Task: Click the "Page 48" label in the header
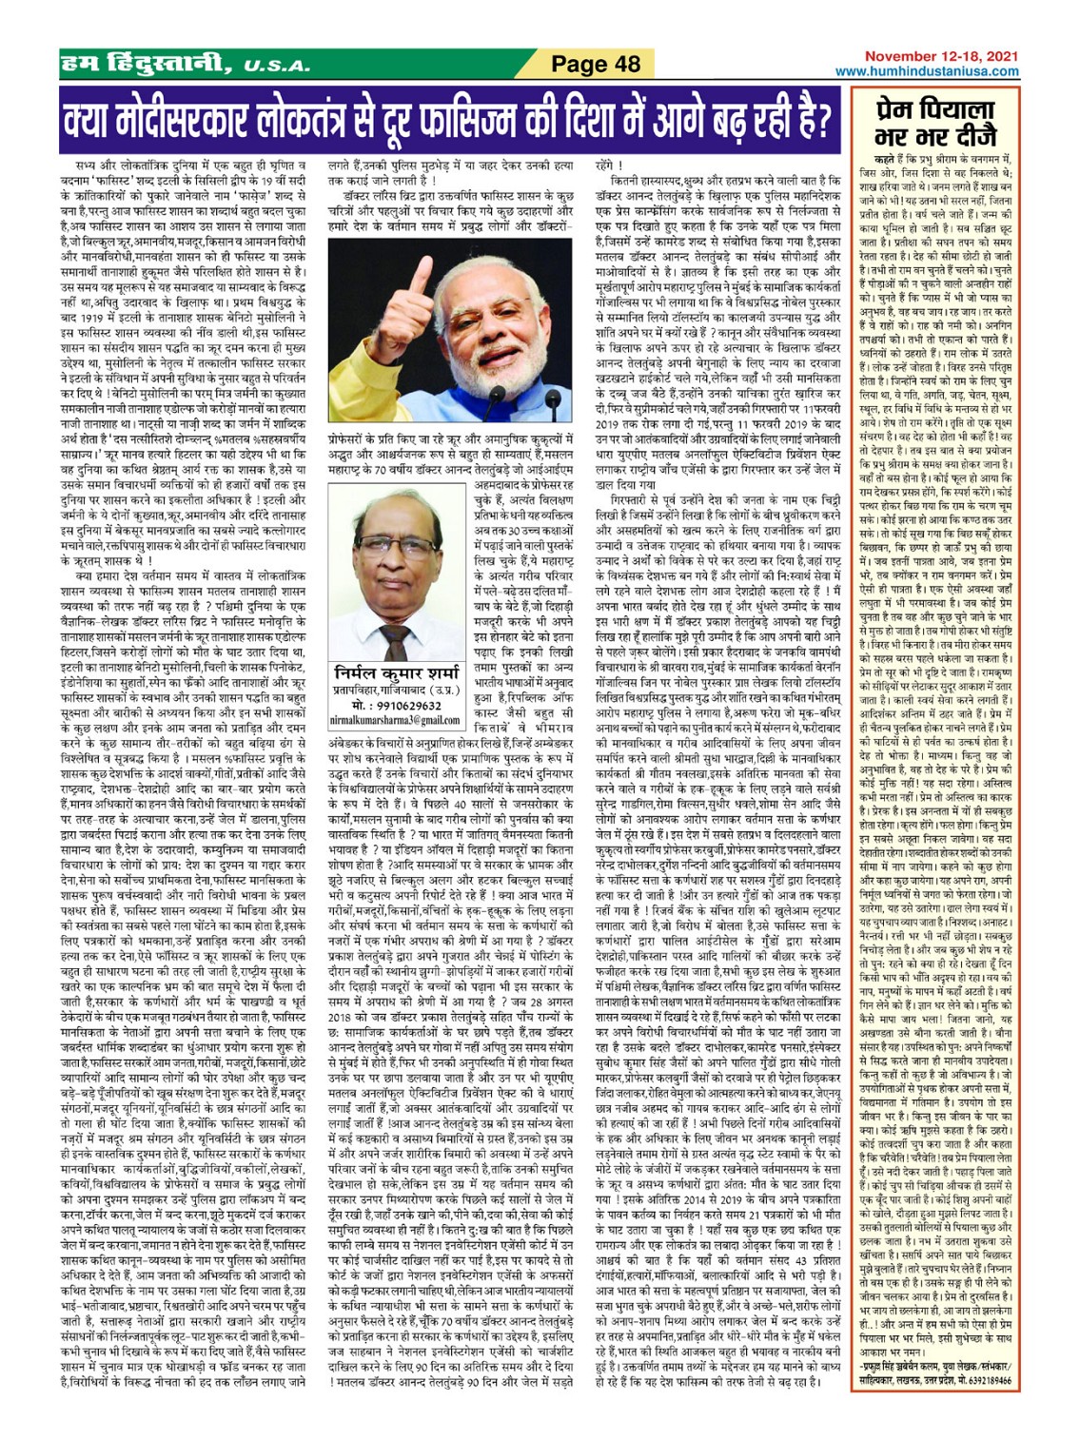coord(597,65)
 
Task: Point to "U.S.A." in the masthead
coord(276,67)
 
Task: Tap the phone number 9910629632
coord(398,706)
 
